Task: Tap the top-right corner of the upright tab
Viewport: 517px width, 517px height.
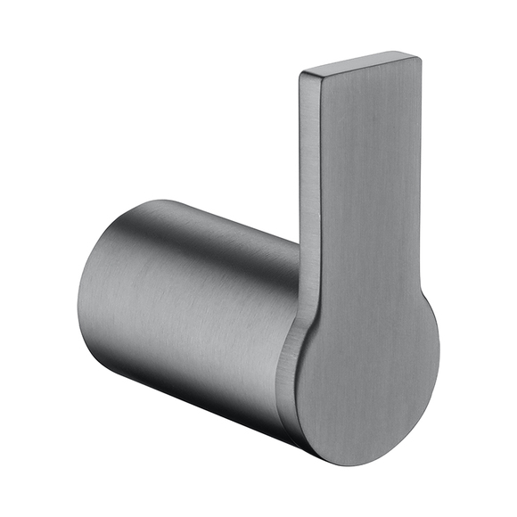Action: coord(418,57)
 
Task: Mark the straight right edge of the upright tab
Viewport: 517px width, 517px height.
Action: coord(421,178)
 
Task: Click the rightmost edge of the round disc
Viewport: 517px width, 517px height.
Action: coord(439,357)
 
